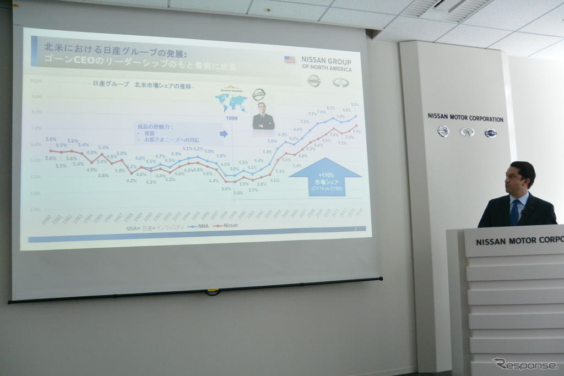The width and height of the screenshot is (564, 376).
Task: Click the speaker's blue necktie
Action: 514,212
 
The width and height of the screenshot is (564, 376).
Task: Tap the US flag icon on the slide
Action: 290,59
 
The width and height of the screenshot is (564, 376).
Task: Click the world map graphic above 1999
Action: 231,102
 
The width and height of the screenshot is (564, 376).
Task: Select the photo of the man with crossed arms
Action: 263,116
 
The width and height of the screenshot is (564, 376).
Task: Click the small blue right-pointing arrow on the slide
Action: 223,133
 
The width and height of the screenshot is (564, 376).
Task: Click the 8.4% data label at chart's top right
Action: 355,105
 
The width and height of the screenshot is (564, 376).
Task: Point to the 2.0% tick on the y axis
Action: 35,209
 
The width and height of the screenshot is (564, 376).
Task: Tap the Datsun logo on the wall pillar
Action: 490,133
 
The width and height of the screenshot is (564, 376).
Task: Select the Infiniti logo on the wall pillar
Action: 467,132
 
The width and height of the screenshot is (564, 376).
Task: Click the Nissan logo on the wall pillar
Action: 443,131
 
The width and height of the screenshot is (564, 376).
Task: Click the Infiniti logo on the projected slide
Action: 340,82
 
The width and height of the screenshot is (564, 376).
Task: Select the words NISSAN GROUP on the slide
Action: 326,61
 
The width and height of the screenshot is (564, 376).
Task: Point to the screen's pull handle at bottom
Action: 212,292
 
